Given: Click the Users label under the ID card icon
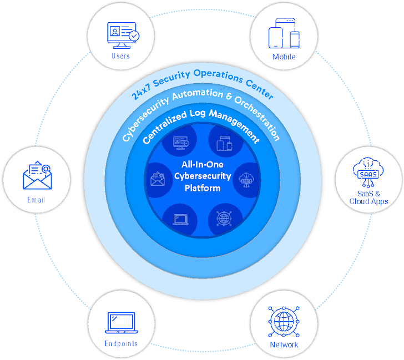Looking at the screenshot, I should (x=120, y=56).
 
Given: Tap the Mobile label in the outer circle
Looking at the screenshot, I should (x=284, y=57).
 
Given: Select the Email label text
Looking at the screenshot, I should (x=36, y=200).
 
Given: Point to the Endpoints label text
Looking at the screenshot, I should (x=121, y=344).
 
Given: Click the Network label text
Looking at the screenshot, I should (x=284, y=344).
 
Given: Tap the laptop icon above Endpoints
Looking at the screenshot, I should (x=120, y=323).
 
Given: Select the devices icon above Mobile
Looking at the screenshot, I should (x=284, y=34).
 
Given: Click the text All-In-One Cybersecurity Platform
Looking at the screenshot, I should (x=202, y=176).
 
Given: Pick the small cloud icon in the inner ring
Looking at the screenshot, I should (x=245, y=179).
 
